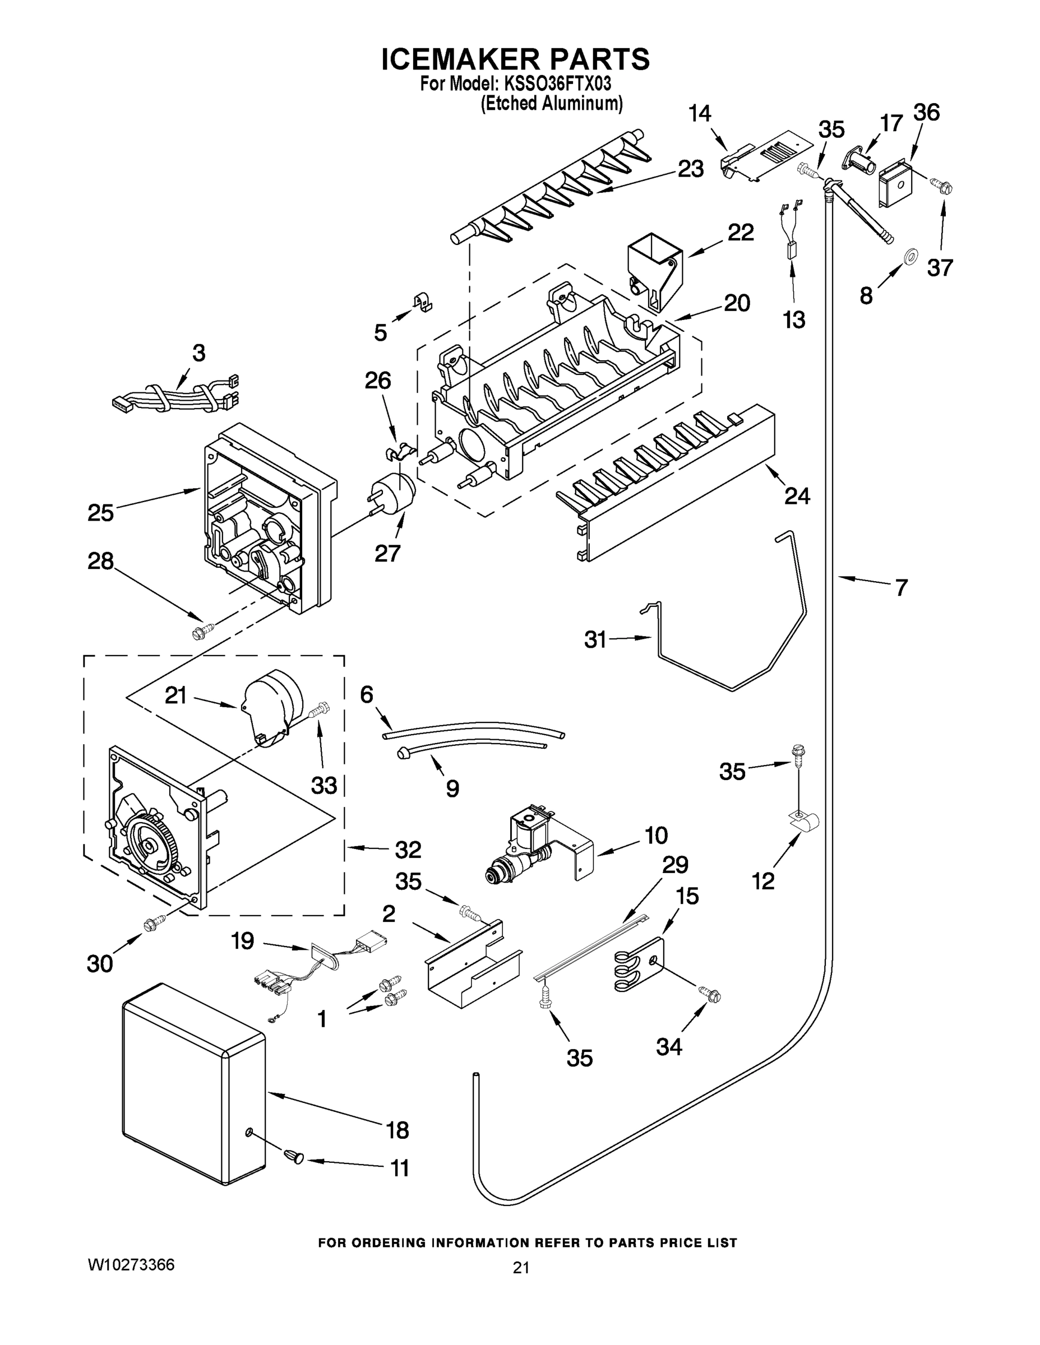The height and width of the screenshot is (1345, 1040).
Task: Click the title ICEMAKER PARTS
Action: pos(515,58)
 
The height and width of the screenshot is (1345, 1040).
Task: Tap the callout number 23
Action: pos(690,169)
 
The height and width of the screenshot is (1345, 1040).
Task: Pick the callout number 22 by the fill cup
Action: pos(740,233)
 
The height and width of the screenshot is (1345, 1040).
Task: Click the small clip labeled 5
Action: pos(422,301)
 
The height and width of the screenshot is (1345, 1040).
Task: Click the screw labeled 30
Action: pos(154,922)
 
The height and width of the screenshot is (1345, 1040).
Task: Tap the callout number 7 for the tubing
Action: pos(902,588)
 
